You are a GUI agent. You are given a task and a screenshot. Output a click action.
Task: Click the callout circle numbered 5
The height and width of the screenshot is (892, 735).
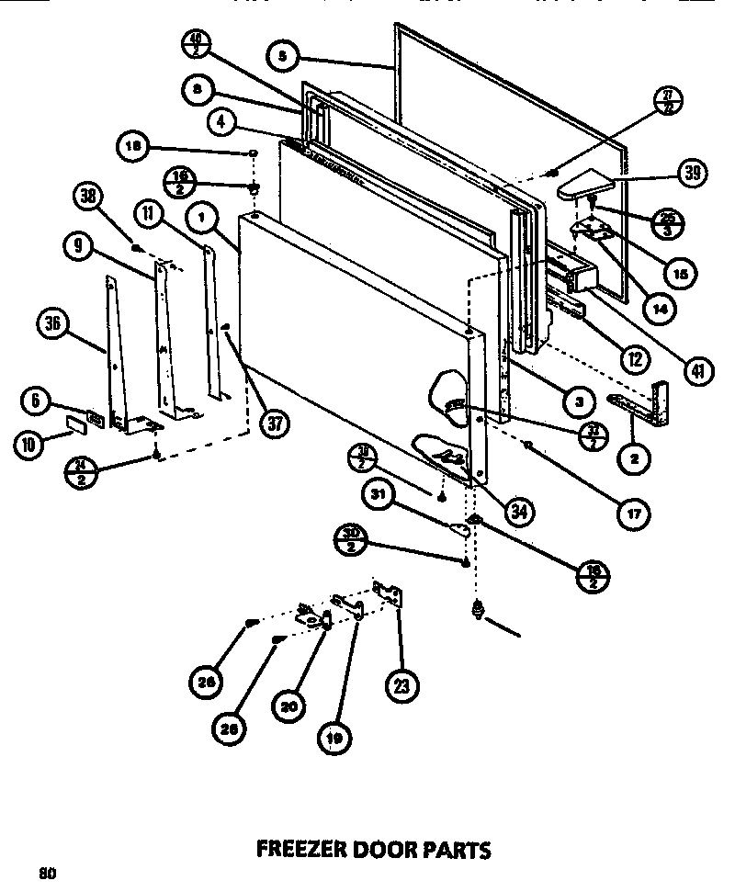[281, 56]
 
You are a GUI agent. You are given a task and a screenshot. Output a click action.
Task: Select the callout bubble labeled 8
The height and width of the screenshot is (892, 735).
[197, 89]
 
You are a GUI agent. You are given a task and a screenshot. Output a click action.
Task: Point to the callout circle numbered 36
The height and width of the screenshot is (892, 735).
[53, 323]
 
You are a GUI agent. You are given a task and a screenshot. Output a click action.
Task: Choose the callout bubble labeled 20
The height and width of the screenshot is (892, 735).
[288, 706]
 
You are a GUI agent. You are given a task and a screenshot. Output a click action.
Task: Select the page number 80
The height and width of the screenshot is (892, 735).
[48, 874]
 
